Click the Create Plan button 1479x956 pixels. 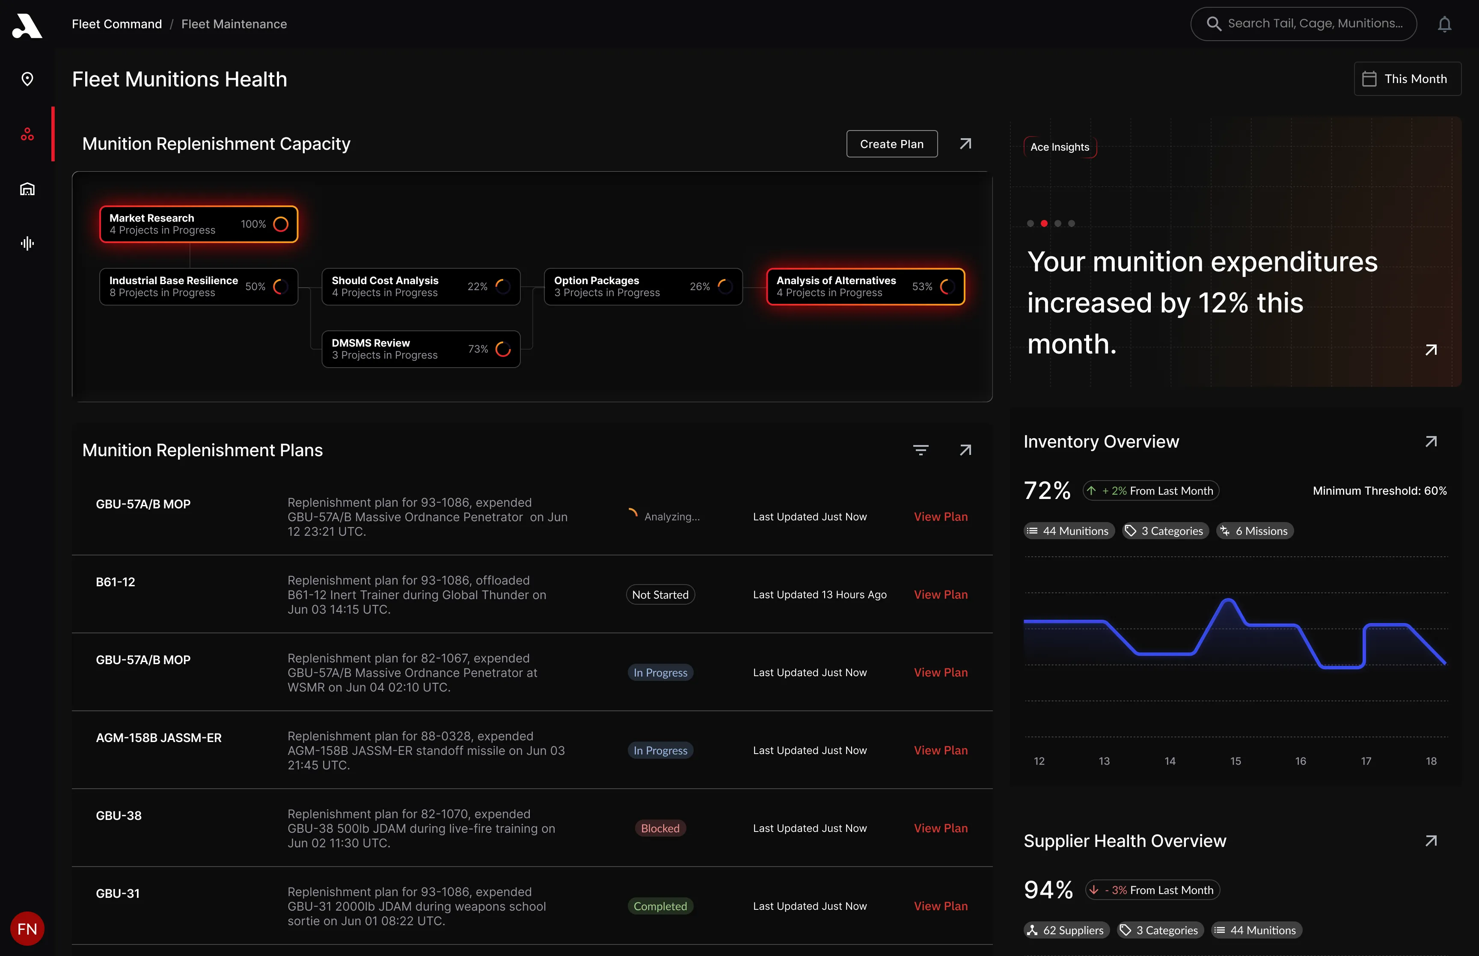click(x=892, y=144)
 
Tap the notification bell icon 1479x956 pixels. click(x=1445, y=24)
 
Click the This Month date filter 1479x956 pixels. click(x=1407, y=79)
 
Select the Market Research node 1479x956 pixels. click(x=199, y=224)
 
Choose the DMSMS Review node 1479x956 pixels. click(x=421, y=349)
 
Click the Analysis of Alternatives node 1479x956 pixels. click(x=865, y=287)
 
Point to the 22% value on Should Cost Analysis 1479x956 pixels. click(x=477, y=287)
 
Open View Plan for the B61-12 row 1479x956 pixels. click(x=940, y=595)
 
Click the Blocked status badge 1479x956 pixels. click(x=660, y=828)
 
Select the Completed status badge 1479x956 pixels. click(x=660, y=906)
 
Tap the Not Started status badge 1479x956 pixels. click(x=660, y=595)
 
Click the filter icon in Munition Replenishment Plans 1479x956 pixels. click(x=921, y=450)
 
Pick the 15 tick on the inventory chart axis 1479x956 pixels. click(x=1235, y=761)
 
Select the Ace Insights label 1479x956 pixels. click(x=1060, y=147)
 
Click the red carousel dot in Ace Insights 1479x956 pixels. click(x=1044, y=223)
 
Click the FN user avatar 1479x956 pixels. click(x=27, y=929)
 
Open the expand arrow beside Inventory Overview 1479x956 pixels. click(x=1431, y=441)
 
